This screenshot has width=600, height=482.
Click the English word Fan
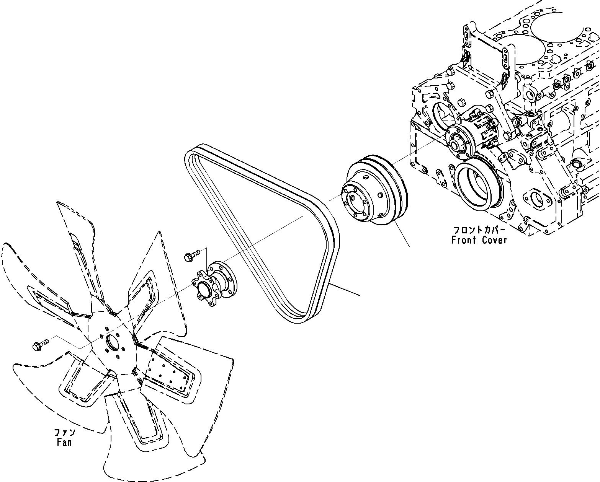point(64,443)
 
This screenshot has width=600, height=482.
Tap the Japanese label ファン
point(64,433)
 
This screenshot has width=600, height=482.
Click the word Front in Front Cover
point(463,240)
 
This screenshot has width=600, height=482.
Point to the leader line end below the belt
point(359,295)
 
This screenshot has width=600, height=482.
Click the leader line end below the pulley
point(410,246)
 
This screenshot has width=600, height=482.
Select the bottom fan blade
point(142,428)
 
